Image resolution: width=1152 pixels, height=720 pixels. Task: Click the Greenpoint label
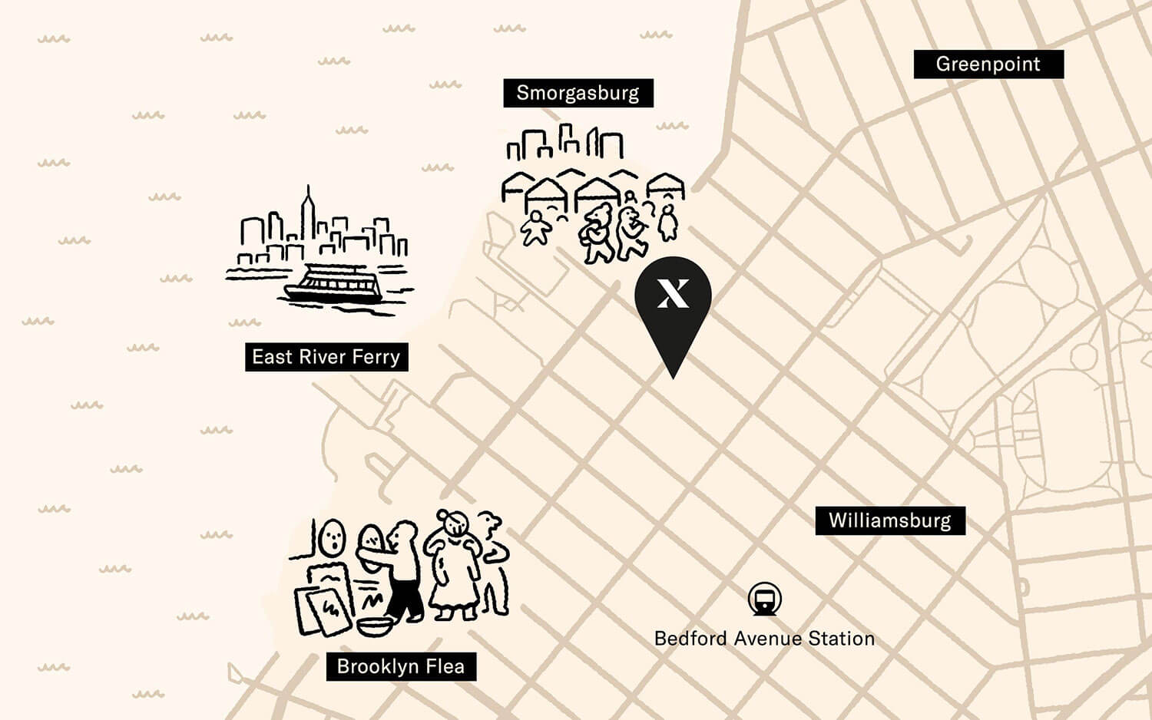point(988,64)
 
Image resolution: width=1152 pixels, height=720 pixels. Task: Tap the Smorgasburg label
point(578,93)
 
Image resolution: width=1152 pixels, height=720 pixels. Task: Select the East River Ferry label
point(326,357)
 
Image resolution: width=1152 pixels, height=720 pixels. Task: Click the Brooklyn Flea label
point(400,666)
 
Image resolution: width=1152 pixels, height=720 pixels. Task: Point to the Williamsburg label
point(889,520)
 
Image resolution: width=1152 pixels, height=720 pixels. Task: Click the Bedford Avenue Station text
point(764,639)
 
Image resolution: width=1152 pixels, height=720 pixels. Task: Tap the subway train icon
point(765,599)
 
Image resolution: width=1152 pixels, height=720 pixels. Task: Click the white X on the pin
point(673,293)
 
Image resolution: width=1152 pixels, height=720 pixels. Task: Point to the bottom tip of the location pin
point(674,377)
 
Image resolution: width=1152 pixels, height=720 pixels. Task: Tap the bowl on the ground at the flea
point(375,626)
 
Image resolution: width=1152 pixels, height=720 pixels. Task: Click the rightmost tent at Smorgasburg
point(665,185)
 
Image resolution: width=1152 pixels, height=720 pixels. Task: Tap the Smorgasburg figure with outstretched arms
point(535,228)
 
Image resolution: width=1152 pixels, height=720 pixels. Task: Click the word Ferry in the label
point(376,357)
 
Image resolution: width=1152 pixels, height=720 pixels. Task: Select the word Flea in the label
point(446,666)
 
